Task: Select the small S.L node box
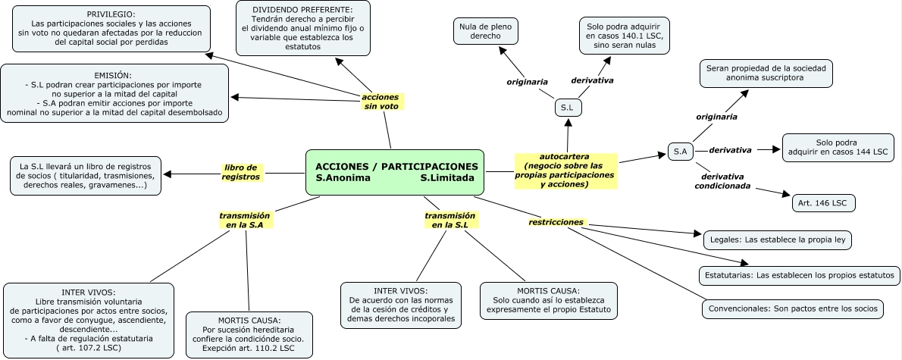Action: pos(567,108)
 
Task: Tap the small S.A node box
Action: pos(680,152)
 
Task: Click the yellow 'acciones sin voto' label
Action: pos(380,102)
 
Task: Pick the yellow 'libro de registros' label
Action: pos(241,172)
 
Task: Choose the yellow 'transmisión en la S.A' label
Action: pos(245,220)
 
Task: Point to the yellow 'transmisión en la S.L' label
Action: pos(450,220)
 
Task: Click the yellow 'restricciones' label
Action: pos(556,222)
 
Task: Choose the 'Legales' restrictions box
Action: pos(778,239)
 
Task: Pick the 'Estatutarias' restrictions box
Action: pos(799,274)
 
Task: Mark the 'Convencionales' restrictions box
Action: pos(792,308)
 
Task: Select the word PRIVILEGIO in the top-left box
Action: pos(111,14)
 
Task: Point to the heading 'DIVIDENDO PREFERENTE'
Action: pos(302,8)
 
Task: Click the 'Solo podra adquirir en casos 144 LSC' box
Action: pos(838,148)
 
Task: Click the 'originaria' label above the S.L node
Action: pos(527,81)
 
